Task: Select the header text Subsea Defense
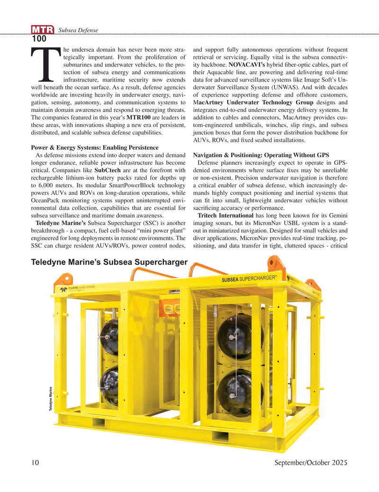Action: click(77, 30)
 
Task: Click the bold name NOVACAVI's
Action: click(250, 64)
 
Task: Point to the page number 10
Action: click(37, 462)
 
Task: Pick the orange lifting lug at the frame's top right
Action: click(273, 262)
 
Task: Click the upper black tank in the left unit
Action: click(107, 338)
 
